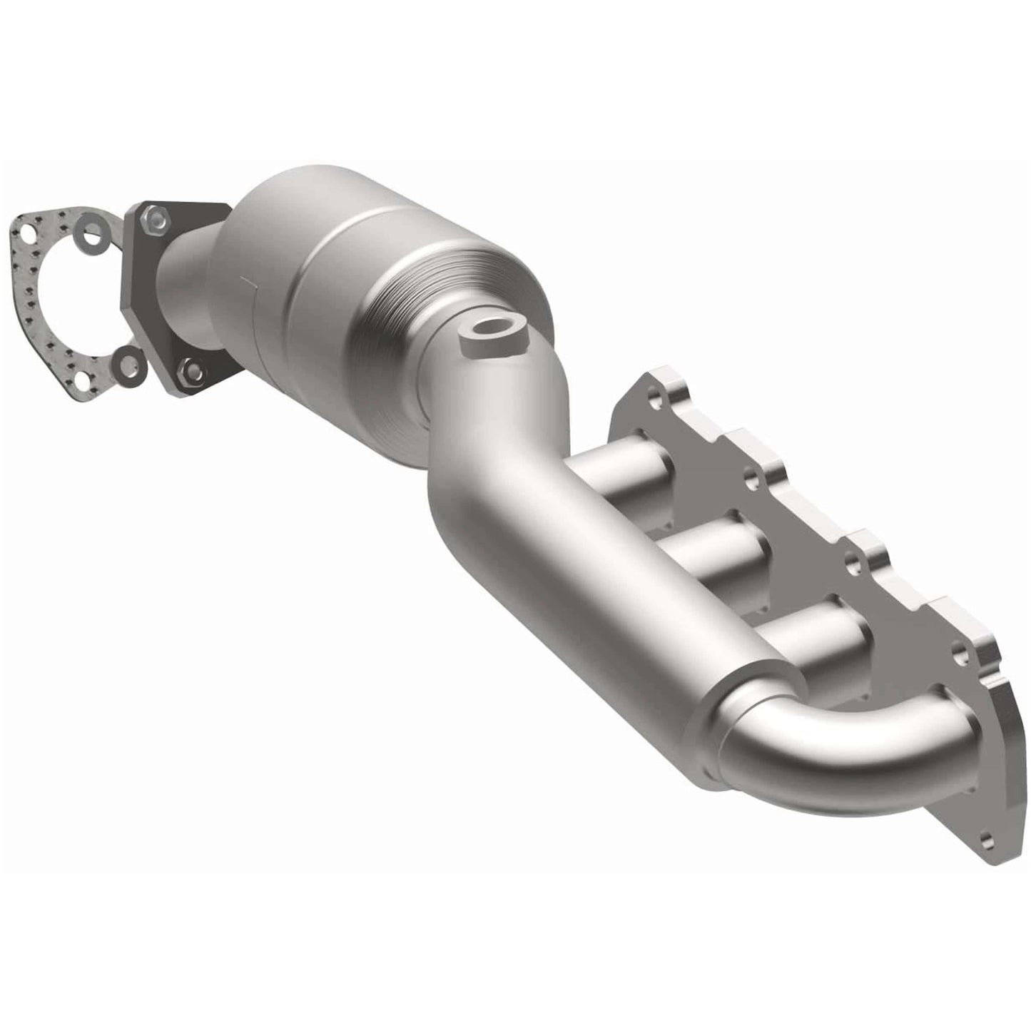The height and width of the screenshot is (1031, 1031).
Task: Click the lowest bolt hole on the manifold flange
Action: click(x=987, y=840)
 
